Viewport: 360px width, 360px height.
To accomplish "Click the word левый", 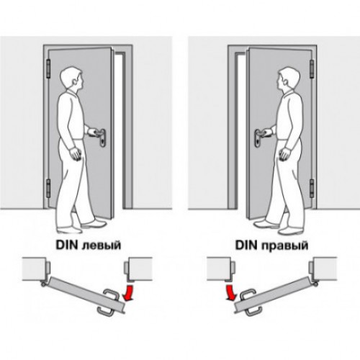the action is point(101,246).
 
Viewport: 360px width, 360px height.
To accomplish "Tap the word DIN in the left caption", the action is point(67,245).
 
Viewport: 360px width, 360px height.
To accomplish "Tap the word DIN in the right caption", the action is point(247,245).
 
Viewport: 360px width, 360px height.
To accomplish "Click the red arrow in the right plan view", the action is point(230,293).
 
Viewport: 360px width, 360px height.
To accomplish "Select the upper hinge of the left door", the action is point(48,69).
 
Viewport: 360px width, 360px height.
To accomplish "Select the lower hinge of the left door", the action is point(48,188).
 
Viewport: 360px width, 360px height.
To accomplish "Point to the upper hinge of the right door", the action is point(312,69).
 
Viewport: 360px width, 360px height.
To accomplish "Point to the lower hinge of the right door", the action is point(312,188).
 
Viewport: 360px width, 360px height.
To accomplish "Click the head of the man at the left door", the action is point(71,79).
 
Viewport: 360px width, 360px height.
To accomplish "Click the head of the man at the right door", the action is point(288,79).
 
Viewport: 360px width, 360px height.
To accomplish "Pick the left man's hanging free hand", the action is point(76,154).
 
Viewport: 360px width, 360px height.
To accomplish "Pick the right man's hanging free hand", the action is point(284,154).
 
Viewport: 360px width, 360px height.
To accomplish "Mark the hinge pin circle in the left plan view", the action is point(43,284).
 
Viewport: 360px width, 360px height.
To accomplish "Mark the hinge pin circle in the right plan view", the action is point(317,284).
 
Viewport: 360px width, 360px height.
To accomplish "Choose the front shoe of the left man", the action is point(94,224).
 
